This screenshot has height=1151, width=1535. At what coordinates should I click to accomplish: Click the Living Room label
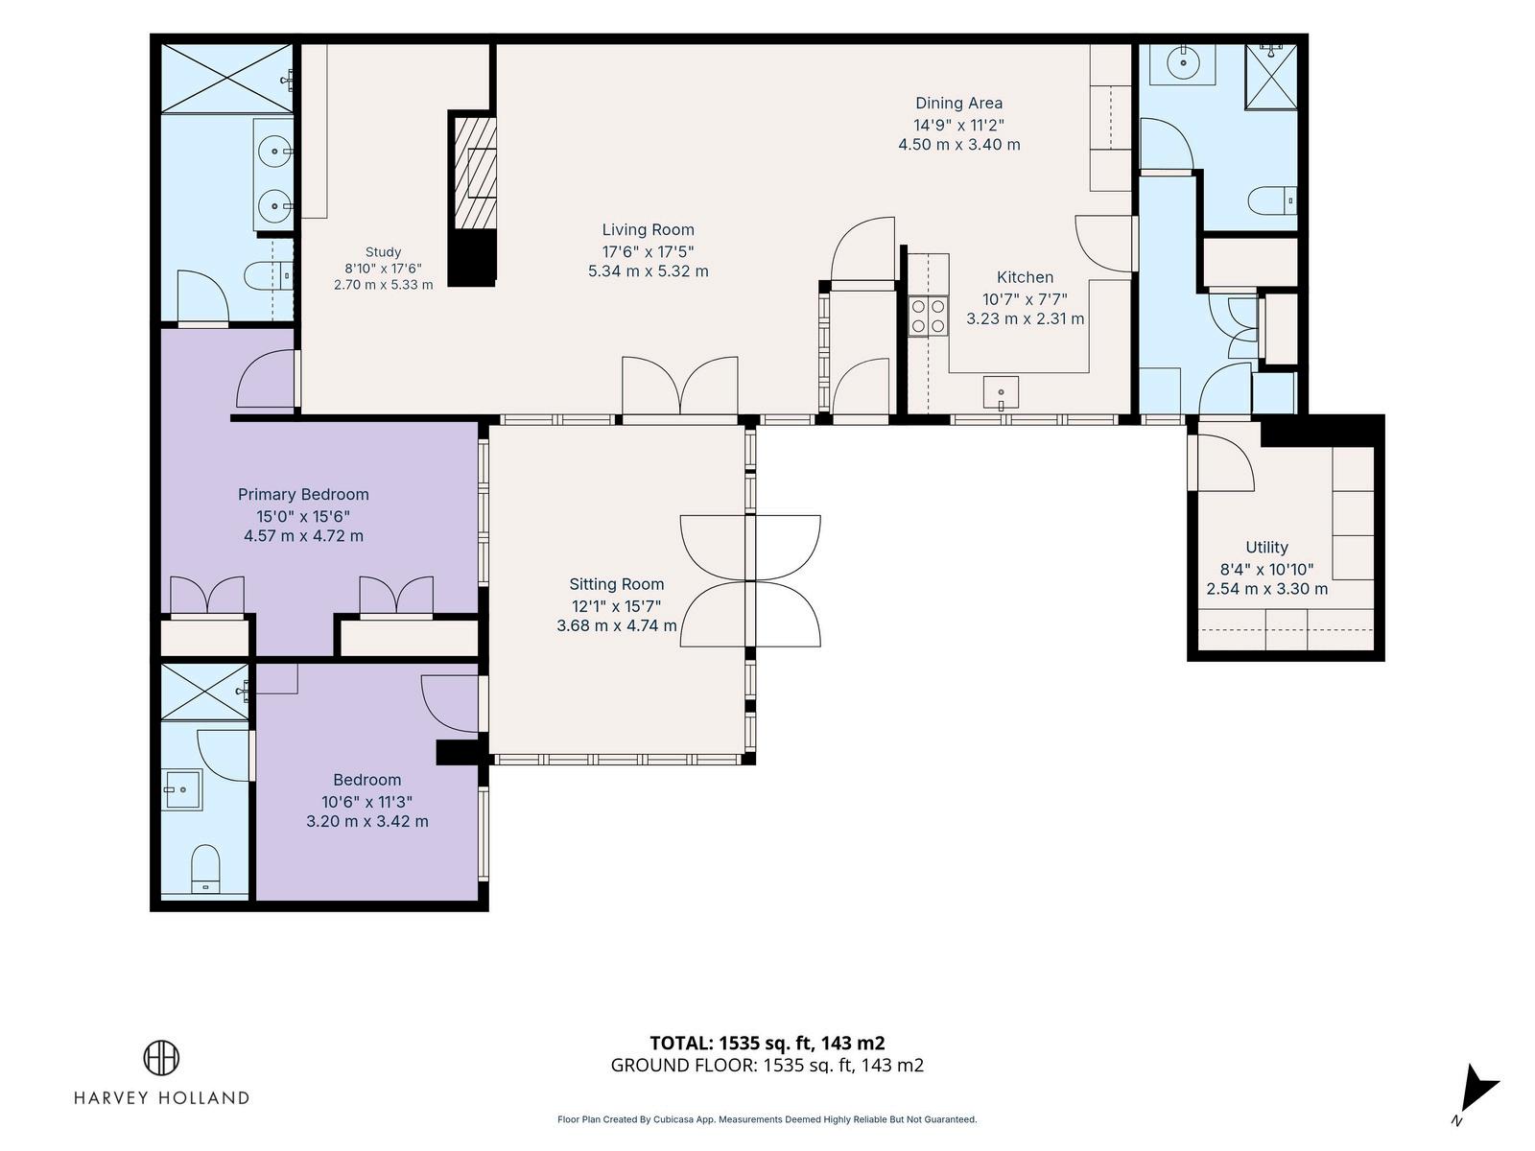(x=649, y=230)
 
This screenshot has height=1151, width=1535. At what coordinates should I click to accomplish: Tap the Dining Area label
(x=958, y=104)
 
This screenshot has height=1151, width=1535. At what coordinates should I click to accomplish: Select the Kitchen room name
(x=1026, y=277)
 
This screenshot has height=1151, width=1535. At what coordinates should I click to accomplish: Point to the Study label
(x=383, y=252)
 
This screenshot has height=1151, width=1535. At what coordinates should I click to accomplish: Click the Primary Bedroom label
(x=303, y=495)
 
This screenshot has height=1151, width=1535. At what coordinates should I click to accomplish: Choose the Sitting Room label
(x=617, y=584)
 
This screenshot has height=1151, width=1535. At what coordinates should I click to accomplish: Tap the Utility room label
(x=1266, y=547)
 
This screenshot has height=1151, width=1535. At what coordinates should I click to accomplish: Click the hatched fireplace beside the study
(x=475, y=173)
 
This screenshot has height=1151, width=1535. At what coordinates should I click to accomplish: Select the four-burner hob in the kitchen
(x=928, y=316)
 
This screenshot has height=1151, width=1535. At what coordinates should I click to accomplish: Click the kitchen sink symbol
(x=1001, y=392)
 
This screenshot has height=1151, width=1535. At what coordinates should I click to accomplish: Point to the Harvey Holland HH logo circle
(x=161, y=1057)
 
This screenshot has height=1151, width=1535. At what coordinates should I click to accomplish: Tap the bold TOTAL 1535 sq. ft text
(x=767, y=1044)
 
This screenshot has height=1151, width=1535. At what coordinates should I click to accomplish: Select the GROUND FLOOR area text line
(x=767, y=1065)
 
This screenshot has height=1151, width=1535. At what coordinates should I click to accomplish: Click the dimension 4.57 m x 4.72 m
(x=303, y=536)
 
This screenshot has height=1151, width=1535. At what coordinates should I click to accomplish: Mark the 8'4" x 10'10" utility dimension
(x=1267, y=570)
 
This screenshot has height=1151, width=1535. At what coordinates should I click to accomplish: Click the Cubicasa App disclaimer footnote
(x=767, y=1119)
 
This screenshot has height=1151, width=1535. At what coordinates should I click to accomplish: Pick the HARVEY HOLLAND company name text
(x=161, y=1098)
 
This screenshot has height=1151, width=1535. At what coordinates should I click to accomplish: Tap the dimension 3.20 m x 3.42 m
(x=367, y=821)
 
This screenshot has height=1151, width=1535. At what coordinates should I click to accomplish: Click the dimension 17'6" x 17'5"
(x=649, y=251)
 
